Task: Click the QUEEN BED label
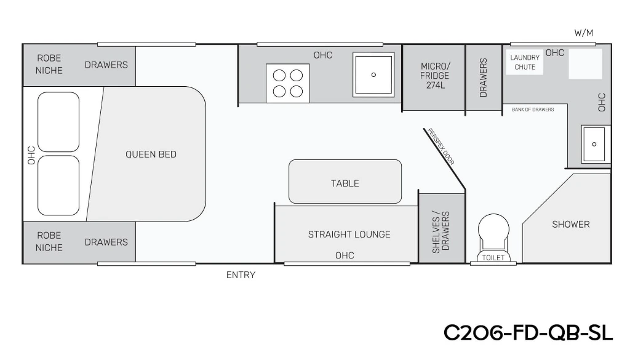pos(151,154)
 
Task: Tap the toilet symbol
pos(493,239)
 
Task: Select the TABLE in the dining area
pos(345,182)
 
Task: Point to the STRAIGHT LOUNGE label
pos(349,234)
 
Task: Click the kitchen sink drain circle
pos(373,74)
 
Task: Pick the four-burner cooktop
pos(288,83)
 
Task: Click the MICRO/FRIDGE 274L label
pos(435,76)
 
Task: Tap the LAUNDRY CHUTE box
pos(525,62)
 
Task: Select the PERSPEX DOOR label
pos(441,146)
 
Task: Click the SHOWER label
pos(570,224)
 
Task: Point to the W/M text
pos(583,33)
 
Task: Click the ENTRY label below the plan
pos(241,275)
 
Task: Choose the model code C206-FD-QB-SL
pos(528,333)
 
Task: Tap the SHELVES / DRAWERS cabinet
pos(442,228)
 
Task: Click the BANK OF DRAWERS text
pos(533,110)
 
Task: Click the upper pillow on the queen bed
pos(58,122)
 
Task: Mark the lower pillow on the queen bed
pos(58,185)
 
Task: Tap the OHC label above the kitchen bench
pos(323,55)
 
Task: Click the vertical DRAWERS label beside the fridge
pos(484,78)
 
